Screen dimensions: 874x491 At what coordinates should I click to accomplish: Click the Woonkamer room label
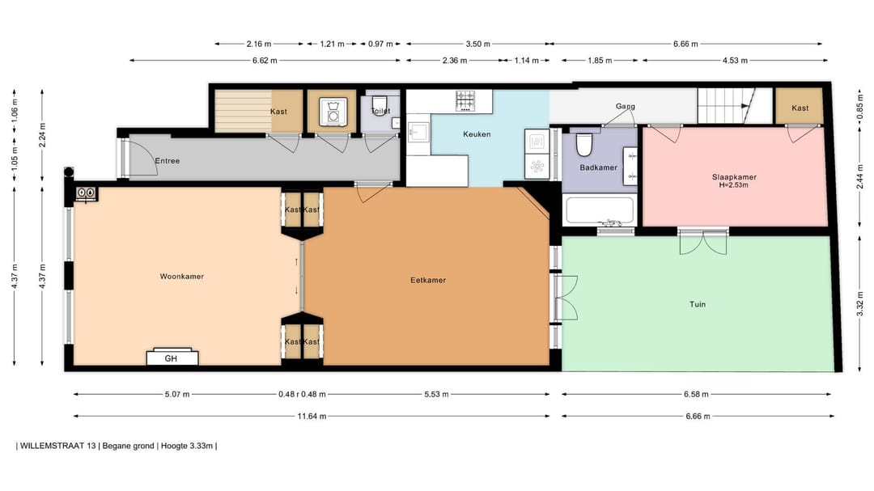point(182,277)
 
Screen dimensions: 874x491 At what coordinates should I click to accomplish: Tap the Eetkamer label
point(428,281)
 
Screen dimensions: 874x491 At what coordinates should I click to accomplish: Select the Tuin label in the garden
point(698,304)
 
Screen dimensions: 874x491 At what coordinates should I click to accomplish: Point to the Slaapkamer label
point(734,177)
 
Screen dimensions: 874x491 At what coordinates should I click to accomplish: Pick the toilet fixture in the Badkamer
point(584,144)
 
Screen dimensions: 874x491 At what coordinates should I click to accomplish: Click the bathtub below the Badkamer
point(600,210)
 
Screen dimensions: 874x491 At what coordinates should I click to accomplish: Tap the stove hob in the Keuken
point(465,101)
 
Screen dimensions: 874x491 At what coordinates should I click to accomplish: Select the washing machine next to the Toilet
point(333,112)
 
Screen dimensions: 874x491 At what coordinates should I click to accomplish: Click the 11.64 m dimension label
point(312,416)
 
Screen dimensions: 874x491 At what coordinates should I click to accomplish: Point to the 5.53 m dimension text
point(436,394)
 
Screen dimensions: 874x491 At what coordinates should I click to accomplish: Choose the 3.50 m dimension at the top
point(477,44)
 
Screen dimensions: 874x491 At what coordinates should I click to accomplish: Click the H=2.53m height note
point(734,185)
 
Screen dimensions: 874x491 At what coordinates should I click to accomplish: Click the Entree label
point(168,160)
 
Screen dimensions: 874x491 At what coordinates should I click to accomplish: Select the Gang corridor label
point(625,106)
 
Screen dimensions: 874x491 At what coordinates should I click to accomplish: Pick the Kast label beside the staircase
point(800,108)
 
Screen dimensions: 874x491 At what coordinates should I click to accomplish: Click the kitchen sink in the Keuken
point(418,132)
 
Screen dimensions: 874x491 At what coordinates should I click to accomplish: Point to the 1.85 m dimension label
point(600,60)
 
